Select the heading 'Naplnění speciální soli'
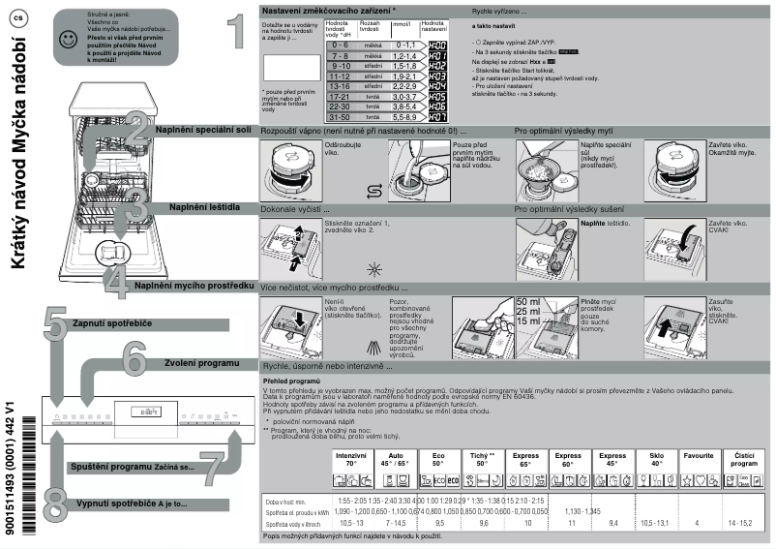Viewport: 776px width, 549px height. (204, 129)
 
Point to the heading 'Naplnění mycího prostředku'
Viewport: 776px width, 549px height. (194, 286)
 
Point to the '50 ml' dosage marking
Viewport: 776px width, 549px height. (529, 302)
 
